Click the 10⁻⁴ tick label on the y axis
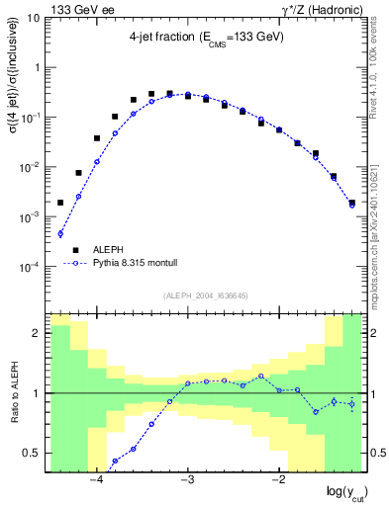pyautogui.click(x=31, y=266)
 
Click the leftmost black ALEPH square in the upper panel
pyautogui.click(x=60, y=203)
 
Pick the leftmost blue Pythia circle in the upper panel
pyautogui.click(x=60, y=234)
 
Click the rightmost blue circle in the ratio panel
pyautogui.click(x=352, y=403)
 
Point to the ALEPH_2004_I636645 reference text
pyautogui.click(x=206, y=295)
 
